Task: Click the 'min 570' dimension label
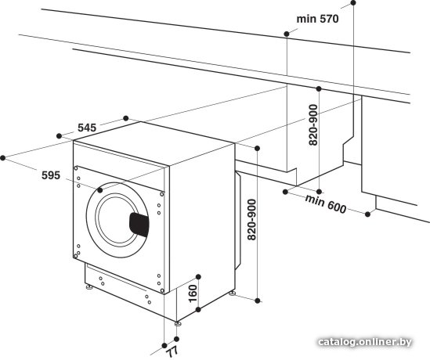(x=317, y=19)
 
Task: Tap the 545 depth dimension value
(x=87, y=128)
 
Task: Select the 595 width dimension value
(x=51, y=175)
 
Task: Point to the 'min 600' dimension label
(x=326, y=203)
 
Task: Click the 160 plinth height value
(x=193, y=293)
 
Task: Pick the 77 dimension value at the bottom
(x=173, y=351)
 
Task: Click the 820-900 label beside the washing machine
(x=251, y=220)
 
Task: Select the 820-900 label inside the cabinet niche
(x=313, y=125)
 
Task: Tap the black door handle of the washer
(x=139, y=225)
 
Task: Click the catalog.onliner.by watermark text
(x=365, y=342)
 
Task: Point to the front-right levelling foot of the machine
(x=178, y=323)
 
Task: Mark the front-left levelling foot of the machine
(x=89, y=287)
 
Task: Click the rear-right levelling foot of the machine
(x=233, y=293)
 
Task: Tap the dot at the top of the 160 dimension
(x=198, y=276)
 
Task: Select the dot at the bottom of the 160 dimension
(x=198, y=310)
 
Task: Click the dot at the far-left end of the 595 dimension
(x=3, y=157)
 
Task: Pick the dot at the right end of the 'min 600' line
(x=368, y=214)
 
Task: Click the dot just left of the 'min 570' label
(x=287, y=34)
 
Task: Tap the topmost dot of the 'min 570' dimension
(x=353, y=3)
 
